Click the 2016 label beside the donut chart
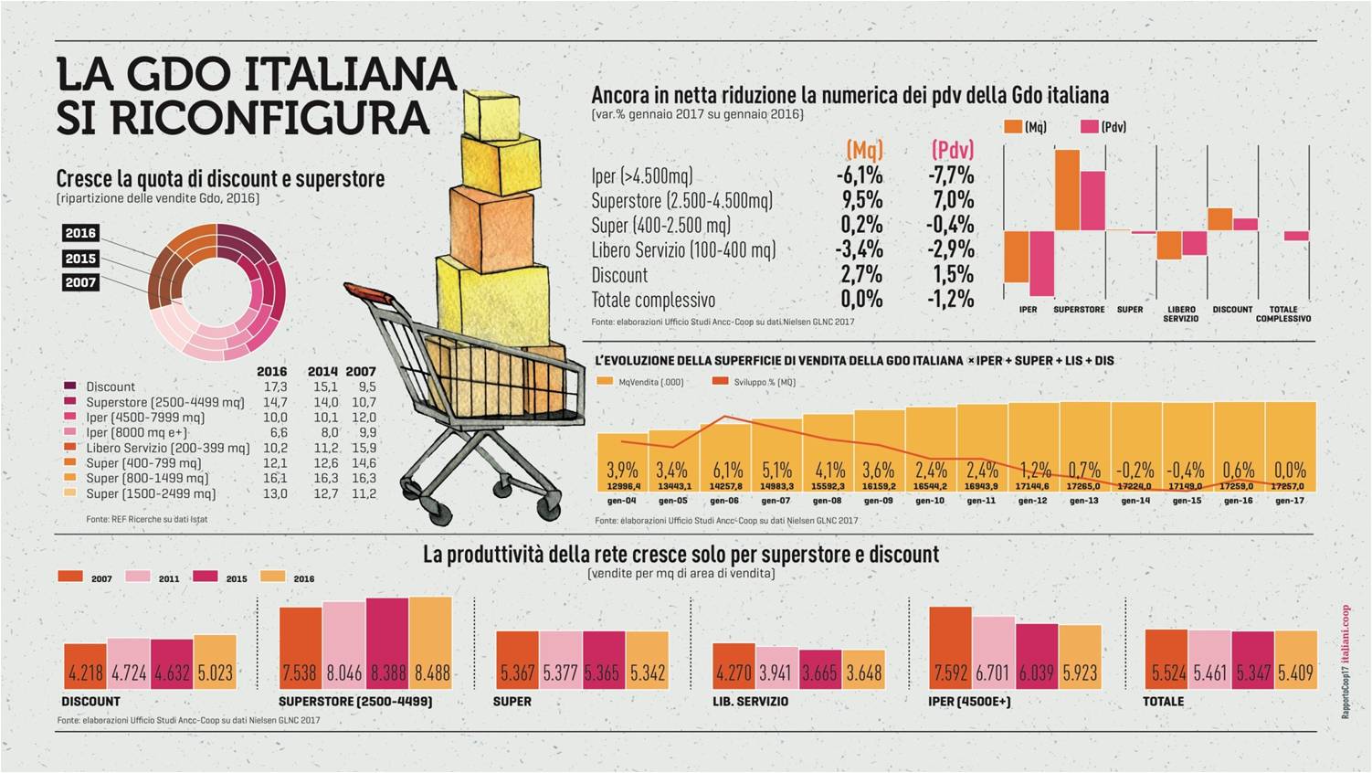(x=80, y=233)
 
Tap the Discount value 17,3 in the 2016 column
(x=275, y=386)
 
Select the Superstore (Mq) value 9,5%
(x=860, y=200)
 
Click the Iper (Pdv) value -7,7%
(x=952, y=175)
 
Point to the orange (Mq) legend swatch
(x=1012, y=127)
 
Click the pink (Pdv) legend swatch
(x=1089, y=127)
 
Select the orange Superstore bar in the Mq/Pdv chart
(x=1067, y=189)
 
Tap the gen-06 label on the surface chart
(x=724, y=501)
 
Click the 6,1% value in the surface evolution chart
(x=727, y=471)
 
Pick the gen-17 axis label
(x=1289, y=501)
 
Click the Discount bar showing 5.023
(x=216, y=662)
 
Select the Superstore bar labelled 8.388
(x=387, y=643)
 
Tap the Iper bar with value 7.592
(x=950, y=648)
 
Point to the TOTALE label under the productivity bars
(x=1163, y=702)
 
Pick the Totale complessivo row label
(x=653, y=300)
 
